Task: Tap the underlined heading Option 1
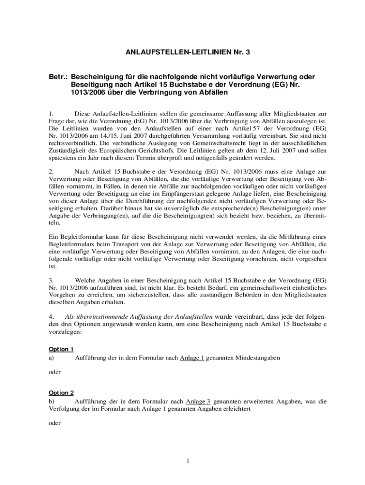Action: click(x=61, y=350)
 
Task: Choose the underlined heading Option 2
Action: click(x=61, y=393)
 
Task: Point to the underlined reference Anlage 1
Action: click(x=192, y=358)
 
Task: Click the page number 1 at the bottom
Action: click(x=188, y=461)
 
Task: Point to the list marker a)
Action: click(x=51, y=358)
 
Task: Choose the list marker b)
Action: click(x=51, y=402)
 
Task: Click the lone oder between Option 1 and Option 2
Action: click(x=55, y=372)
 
